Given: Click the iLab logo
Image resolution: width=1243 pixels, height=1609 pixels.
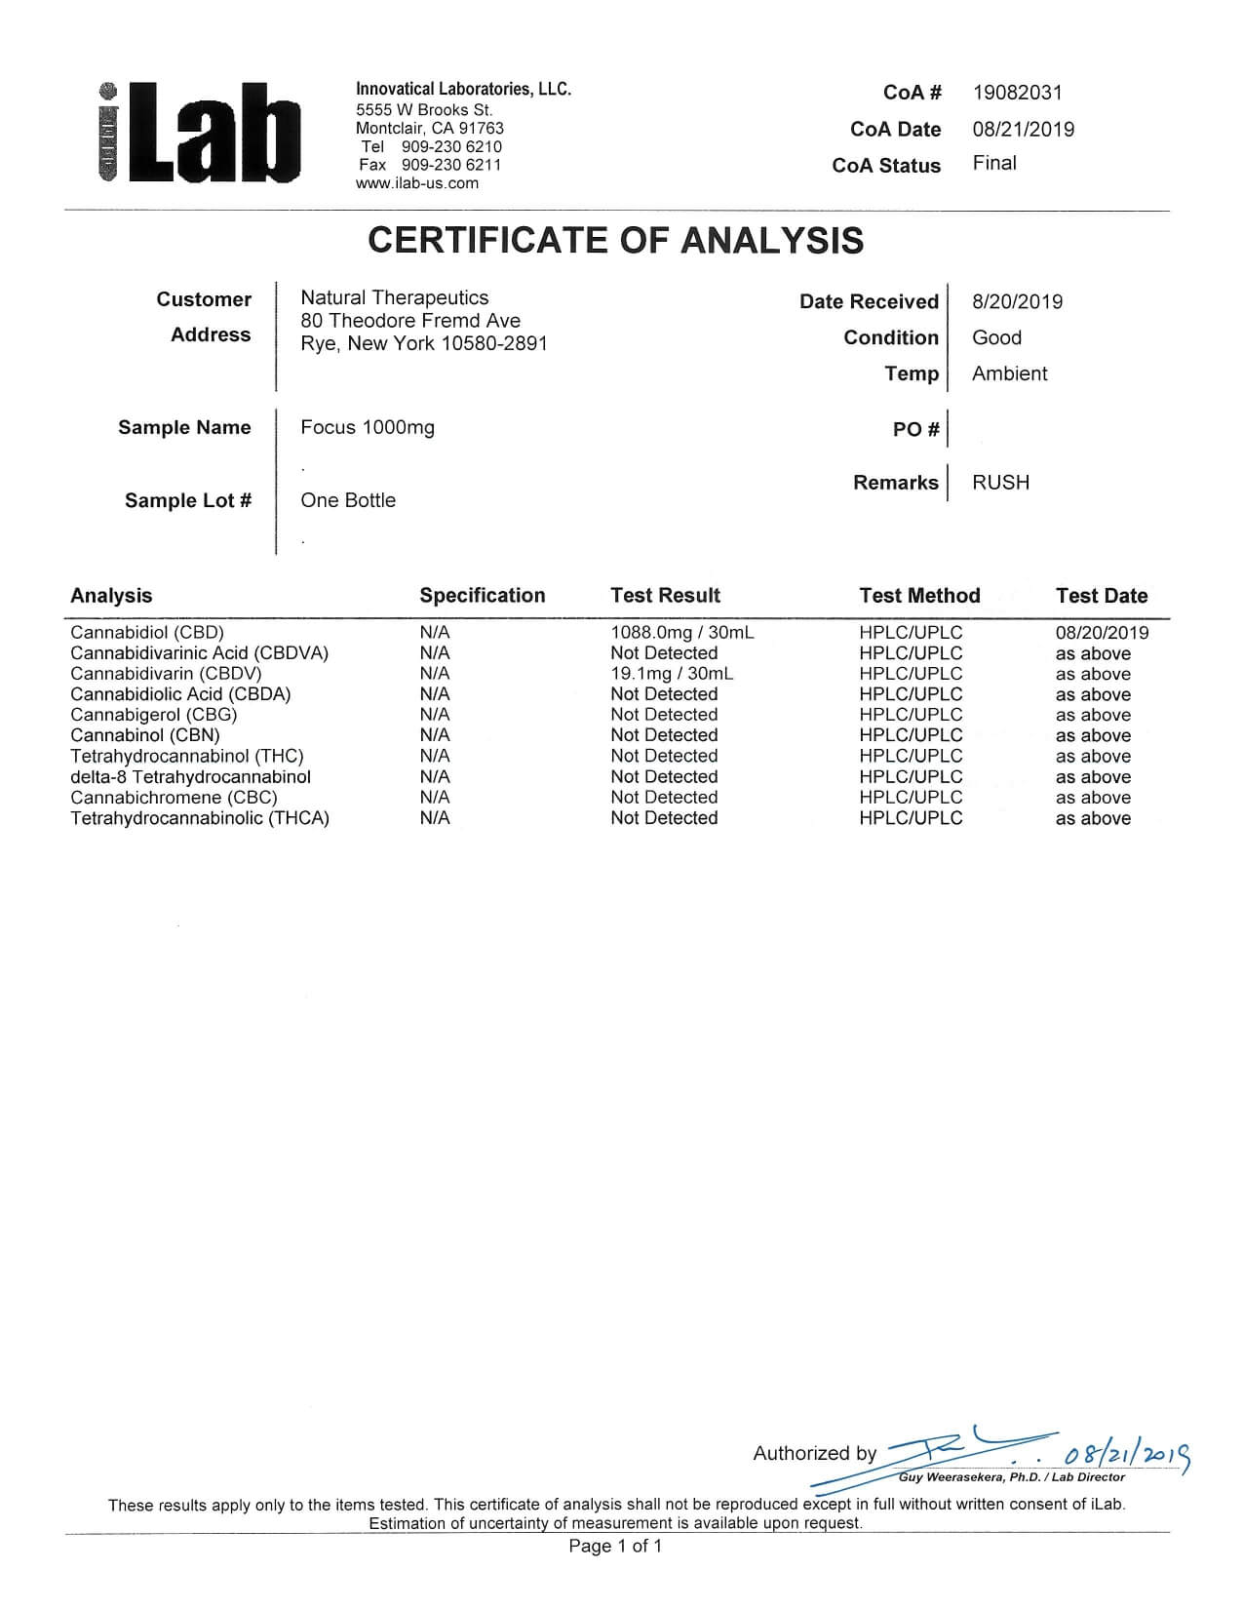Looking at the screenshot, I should (200, 134).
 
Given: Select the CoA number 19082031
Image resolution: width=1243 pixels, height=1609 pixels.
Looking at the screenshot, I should (1017, 93).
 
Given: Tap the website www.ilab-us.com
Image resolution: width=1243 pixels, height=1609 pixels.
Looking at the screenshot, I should (417, 183).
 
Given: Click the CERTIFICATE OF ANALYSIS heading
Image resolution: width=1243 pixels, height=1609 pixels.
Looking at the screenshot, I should (615, 241).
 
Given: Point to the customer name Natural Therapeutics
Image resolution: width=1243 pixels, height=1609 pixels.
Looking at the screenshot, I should (394, 297).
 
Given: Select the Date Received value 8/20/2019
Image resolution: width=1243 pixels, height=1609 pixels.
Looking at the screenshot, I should (1017, 301).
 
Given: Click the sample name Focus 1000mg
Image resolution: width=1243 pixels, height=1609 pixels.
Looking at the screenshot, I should (368, 427).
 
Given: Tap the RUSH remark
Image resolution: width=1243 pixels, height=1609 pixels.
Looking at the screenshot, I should (1000, 483).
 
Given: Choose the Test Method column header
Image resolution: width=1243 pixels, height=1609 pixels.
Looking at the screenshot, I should (919, 596).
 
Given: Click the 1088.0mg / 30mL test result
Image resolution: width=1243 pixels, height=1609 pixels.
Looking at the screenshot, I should (681, 632).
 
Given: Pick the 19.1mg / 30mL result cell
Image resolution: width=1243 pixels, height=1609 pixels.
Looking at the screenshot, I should (672, 674).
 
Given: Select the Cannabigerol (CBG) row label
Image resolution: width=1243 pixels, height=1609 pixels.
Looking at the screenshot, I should (153, 715).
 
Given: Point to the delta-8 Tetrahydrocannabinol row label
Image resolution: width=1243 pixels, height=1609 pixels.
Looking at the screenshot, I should (190, 777).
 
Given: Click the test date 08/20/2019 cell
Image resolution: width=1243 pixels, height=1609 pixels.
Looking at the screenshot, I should (1102, 632).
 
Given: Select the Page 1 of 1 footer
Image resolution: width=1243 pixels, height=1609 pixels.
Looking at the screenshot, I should (615, 1546).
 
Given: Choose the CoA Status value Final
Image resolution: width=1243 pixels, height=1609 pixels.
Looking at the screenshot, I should (993, 163).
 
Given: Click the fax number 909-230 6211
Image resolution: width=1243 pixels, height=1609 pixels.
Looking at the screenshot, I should (451, 165).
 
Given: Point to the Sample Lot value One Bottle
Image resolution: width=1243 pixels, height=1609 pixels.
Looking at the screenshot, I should (348, 500).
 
